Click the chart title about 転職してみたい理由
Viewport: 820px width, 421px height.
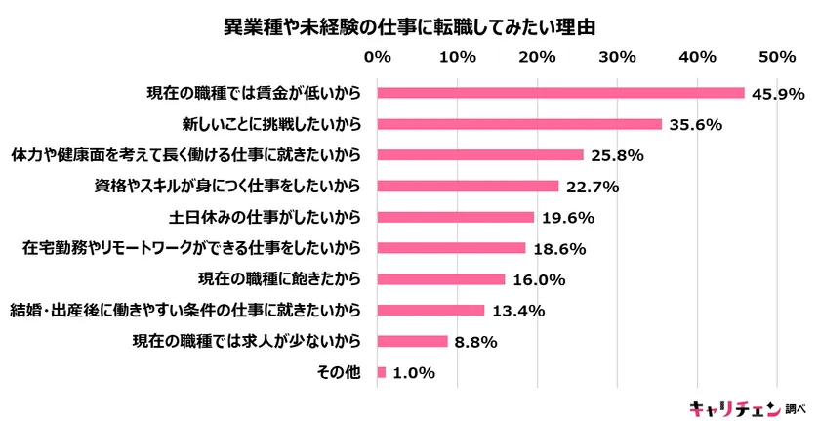tap(409, 23)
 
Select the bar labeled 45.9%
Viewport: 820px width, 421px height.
tap(560, 93)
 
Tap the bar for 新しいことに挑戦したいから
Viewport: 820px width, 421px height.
tap(519, 124)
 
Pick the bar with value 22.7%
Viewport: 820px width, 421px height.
tap(468, 186)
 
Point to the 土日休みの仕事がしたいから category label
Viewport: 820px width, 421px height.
tap(266, 217)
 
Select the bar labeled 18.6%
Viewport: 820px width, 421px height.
tap(451, 248)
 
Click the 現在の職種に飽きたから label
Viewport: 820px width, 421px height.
tap(281, 279)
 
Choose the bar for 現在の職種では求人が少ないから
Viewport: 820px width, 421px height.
tap(412, 341)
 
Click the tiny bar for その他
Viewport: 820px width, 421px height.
tap(381, 372)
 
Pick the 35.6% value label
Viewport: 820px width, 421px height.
tap(695, 124)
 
